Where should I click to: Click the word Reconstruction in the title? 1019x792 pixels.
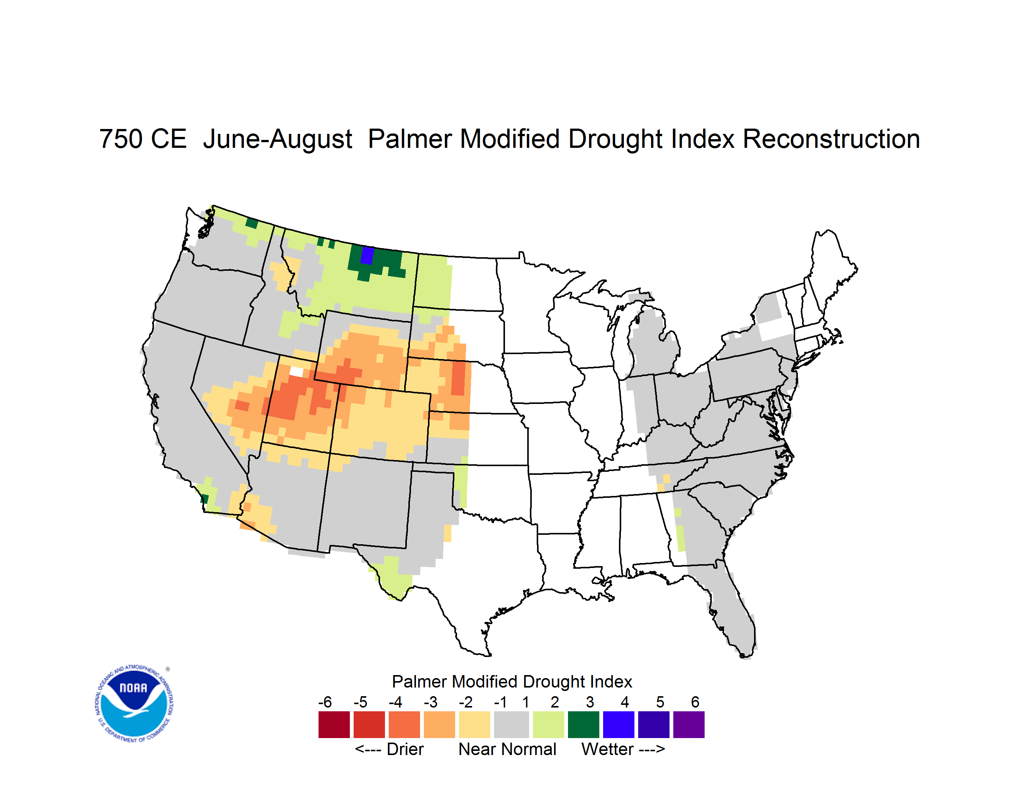[831, 139]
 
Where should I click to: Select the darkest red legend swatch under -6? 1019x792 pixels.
[334, 724]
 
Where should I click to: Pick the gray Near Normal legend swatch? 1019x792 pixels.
[511, 724]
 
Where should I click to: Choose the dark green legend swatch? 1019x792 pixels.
[583, 724]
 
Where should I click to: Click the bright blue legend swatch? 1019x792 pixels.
[619, 724]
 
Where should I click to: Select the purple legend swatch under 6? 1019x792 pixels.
[689, 724]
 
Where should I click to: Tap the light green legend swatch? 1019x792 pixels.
[548, 724]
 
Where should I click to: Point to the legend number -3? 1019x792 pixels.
[431, 702]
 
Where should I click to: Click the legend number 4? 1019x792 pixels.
[625, 702]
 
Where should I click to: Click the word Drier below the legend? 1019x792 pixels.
[405, 749]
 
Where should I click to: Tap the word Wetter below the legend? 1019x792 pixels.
[608, 749]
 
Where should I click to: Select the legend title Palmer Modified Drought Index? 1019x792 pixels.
[512, 681]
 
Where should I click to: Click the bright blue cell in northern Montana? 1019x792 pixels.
[367, 255]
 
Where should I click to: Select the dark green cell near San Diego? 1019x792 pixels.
[204, 498]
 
